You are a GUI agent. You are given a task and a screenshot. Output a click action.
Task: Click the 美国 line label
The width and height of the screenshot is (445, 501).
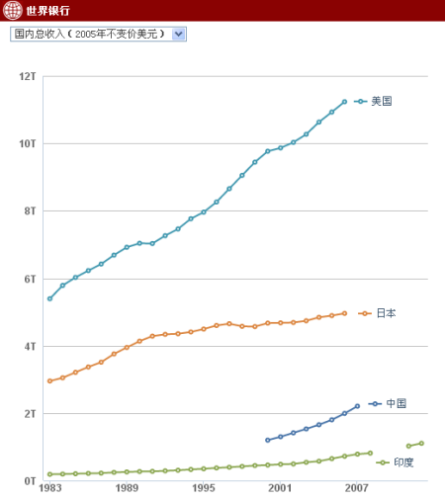click(x=382, y=101)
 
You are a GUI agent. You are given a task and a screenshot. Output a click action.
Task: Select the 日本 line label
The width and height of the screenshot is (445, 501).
click(x=386, y=313)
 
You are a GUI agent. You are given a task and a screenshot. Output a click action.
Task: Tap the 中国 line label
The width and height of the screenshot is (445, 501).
click(x=396, y=403)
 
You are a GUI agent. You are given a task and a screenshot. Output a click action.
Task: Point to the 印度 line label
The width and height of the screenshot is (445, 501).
click(x=403, y=462)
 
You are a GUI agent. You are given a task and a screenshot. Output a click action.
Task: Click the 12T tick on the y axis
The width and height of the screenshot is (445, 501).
click(x=27, y=76)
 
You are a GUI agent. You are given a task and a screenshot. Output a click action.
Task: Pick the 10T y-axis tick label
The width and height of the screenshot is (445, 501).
click(x=27, y=143)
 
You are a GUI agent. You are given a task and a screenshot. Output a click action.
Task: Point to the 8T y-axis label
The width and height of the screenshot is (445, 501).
click(x=29, y=210)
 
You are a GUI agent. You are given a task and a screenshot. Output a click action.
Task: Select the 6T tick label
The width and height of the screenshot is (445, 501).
click(x=29, y=279)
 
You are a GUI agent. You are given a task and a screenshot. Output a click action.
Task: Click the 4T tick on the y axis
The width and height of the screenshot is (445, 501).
click(x=29, y=346)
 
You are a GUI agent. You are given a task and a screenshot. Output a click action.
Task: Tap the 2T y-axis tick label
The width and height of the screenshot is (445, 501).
click(x=29, y=413)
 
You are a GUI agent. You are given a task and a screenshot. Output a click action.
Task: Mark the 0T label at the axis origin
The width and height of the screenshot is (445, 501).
click(x=29, y=481)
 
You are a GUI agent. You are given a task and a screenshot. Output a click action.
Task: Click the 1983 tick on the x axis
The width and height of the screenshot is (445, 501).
click(x=49, y=488)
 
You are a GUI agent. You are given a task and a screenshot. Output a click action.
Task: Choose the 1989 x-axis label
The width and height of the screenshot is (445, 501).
click(x=127, y=488)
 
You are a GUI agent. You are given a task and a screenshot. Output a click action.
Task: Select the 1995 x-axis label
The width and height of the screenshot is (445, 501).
click(x=204, y=488)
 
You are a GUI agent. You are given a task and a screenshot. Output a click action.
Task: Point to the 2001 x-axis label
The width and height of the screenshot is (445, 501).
click(x=280, y=488)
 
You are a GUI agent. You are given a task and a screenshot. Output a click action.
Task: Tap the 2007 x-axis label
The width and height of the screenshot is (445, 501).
click(x=357, y=488)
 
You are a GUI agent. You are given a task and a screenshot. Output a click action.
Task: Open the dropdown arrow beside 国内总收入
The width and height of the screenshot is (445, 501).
click(x=178, y=34)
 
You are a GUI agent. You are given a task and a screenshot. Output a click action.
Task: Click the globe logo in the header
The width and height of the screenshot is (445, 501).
click(x=12, y=11)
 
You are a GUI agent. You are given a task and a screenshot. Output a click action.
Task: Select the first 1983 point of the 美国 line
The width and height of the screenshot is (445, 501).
click(x=49, y=298)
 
